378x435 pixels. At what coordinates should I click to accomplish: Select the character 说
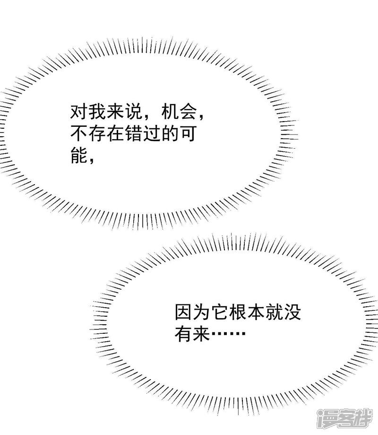[x=133, y=112]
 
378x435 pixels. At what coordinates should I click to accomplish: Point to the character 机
[x=170, y=112]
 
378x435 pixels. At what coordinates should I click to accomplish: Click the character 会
[x=188, y=112]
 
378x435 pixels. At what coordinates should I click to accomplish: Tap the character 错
[x=133, y=133]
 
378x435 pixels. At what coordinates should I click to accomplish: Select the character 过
[x=152, y=133]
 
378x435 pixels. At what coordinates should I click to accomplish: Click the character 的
[x=170, y=133]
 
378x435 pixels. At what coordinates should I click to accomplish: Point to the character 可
[x=188, y=133]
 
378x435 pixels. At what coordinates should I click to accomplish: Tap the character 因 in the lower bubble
[x=183, y=312]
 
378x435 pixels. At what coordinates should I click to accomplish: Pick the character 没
[x=292, y=312]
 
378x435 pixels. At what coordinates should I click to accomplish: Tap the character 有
[x=183, y=334]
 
